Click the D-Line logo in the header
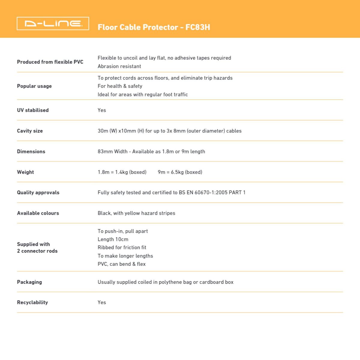pos(53,23)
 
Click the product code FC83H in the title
pos(198,27)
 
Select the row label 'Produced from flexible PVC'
pos(50,62)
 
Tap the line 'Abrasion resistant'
pos(119,66)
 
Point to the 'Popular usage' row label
pos(34,86)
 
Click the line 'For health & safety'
pos(120,86)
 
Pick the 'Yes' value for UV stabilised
pos(102,110)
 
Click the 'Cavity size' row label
pos(30,131)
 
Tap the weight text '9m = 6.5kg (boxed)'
pos(180,172)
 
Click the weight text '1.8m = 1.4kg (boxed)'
pos(122,172)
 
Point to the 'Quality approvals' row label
pos(38,193)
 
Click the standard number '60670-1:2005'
pos(211,193)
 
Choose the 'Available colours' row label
pos(38,213)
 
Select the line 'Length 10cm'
pos(113,239)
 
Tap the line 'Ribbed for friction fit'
pos(122,247)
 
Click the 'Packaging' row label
pos(29,282)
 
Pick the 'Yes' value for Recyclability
pos(102,302)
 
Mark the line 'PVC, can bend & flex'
pos(121,264)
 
